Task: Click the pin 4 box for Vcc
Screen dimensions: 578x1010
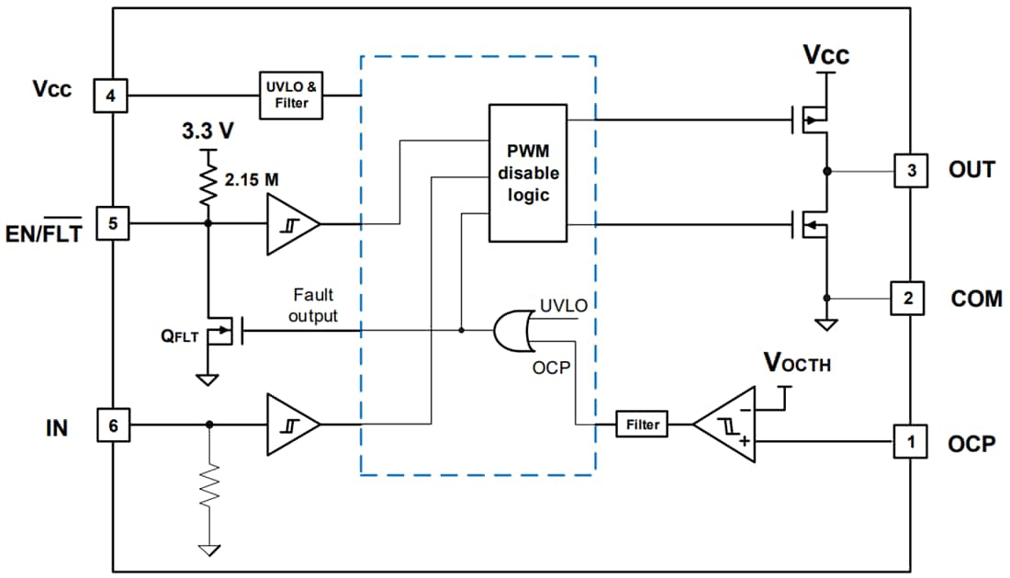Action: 111,95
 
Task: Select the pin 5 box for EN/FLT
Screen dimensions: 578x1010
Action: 111,223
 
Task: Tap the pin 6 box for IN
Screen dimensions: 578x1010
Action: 111,425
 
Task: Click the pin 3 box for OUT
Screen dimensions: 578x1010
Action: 911,170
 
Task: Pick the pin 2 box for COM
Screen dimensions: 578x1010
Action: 911,298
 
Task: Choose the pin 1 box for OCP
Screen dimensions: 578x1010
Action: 911,442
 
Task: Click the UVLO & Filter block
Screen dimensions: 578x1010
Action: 291,95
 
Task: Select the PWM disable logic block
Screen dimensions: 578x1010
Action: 528,173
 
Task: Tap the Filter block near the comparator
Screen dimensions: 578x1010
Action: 642,425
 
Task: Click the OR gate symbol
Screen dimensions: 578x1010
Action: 515,331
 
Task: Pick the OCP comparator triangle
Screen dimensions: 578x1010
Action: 725,425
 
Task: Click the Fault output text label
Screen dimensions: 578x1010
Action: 313,303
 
